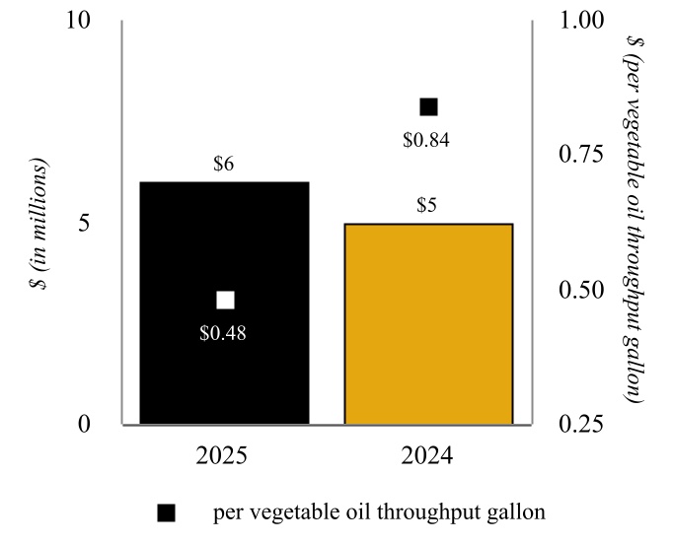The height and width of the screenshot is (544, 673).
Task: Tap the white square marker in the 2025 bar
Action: tap(225, 300)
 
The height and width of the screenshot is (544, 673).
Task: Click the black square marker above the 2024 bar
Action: tap(428, 106)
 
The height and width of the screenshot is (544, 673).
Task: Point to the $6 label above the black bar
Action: tap(224, 165)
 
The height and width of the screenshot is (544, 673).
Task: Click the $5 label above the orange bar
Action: tap(428, 207)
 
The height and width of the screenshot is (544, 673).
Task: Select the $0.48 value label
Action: tap(223, 333)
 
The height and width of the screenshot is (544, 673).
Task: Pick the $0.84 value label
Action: tap(426, 140)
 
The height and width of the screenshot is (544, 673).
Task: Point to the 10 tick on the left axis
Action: tap(78, 21)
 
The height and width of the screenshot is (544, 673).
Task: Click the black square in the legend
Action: tap(167, 512)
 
